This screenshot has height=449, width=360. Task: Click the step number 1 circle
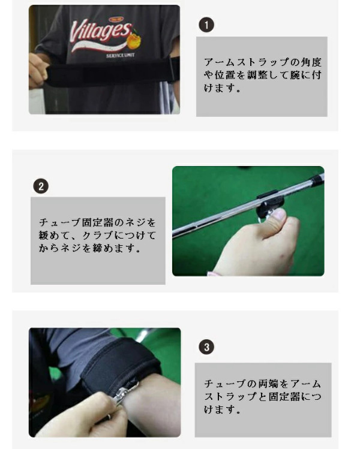206,25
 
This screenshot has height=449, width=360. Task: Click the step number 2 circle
41,186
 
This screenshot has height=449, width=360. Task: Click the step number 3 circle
206,347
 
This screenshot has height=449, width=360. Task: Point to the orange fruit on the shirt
134,40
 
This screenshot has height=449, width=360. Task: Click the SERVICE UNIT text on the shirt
120,55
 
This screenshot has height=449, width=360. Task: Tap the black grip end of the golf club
319,179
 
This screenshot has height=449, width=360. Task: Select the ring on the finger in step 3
109,417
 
